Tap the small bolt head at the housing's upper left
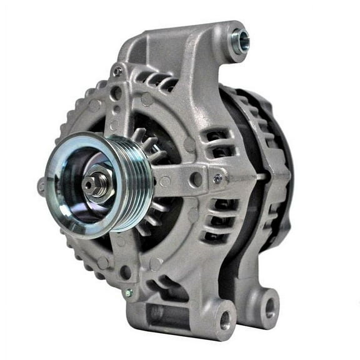(x=117, y=71)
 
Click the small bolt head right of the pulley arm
(x=217, y=179)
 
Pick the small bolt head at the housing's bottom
(x=129, y=292)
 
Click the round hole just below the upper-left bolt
(x=115, y=92)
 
